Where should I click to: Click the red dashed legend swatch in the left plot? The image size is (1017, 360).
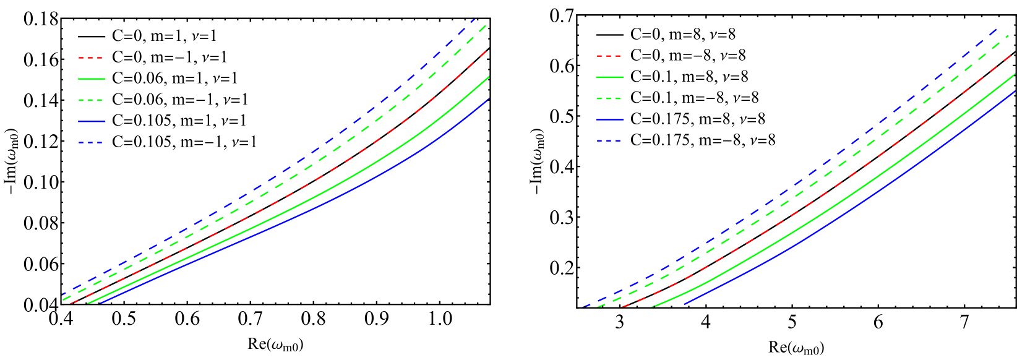tap(90, 58)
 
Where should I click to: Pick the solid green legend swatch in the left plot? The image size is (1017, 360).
tap(92, 79)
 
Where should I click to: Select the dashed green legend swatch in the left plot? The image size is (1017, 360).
tap(90, 100)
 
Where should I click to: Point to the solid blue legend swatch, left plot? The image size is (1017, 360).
tap(92, 121)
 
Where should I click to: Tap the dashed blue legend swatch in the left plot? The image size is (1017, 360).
tap(90, 142)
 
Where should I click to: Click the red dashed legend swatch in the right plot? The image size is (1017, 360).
tap(609, 56)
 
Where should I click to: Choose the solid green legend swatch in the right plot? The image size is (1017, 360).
tap(610, 77)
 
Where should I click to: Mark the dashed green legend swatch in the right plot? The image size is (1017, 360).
tap(609, 98)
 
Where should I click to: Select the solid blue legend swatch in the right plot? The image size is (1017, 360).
tap(610, 119)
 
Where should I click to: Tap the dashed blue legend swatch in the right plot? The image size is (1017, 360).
tap(609, 140)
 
